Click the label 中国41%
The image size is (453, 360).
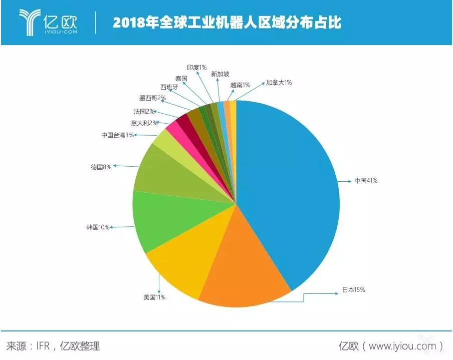pyautogui.click(x=365, y=180)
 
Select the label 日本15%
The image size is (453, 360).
pyautogui.click(x=353, y=289)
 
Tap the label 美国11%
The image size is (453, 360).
pyautogui.click(x=154, y=297)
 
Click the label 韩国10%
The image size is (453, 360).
pyautogui.click(x=98, y=227)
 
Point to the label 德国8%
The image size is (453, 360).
pyautogui.click(x=101, y=167)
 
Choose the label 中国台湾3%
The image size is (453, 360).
pyautogui.click(x=117, y=135)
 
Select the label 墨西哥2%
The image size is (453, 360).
pyautogui.click(x=152, y=98)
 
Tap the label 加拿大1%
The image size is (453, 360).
pyautogui.click(x=279, y=82)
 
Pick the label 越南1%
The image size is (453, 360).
pyautogui.click(x=240, y=85)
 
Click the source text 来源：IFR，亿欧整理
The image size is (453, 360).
pyautogui.click(x=53, y=345)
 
